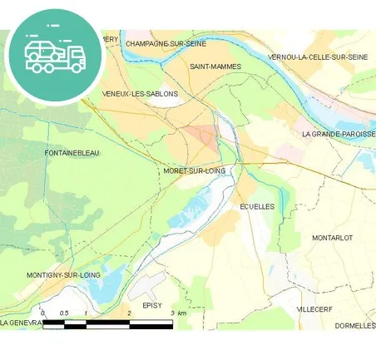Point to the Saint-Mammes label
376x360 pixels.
(x=215, y=67)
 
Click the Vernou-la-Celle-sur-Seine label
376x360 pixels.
(x=318, y=57)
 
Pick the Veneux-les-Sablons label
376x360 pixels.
(x=140, y=94)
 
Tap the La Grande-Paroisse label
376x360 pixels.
(x=338, y=134)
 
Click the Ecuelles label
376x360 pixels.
(x=256, y=206)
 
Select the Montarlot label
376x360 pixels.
(x=332, y=238)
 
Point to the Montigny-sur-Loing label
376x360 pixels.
(x=63, y=274)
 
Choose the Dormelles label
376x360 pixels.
(x=355, y=326)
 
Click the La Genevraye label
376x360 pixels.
(x=22, y=322)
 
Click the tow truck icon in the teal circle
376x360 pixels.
(x=55, y=55)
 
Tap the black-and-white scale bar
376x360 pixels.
(x=108, y=323)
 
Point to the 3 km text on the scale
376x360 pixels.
(x=176, y=313)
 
